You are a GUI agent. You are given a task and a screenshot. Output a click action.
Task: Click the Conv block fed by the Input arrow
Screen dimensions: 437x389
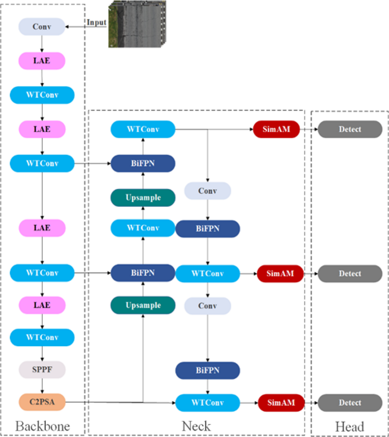[x=42, y=27]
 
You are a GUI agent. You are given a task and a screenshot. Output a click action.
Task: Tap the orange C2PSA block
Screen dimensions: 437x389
[x=42, y=402]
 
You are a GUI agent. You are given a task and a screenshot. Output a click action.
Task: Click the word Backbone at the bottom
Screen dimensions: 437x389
[x=43, y=426]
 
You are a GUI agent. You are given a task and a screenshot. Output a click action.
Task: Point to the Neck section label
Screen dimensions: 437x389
[x=196, y=426]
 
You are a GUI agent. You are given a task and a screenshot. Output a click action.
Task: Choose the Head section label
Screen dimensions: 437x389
[x=349, y=426]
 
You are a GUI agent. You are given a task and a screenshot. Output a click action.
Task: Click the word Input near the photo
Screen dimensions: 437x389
[x=96, y=22]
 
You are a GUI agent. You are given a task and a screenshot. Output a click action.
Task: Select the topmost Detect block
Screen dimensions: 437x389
[x=350, y=129]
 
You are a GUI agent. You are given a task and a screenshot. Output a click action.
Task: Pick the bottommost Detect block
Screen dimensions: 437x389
[x=350, y=403]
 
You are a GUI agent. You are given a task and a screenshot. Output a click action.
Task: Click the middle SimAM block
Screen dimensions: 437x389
[x=280, y=274]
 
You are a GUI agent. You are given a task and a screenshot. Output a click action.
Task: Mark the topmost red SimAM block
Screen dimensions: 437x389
[x=276, y=129]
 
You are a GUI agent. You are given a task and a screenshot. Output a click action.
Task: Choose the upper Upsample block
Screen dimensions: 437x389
[x=143, y=198]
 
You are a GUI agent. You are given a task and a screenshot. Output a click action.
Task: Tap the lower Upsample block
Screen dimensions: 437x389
[x=143, y=305]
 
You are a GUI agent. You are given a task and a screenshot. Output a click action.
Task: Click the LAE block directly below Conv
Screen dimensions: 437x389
[x=42, y=61]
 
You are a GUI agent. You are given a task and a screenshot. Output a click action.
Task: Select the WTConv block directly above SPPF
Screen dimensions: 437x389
[x=42, y=338]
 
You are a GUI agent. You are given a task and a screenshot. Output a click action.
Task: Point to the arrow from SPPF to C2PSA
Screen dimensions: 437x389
[x=42, y=386]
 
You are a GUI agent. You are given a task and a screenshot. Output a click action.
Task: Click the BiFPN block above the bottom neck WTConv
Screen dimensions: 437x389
[x=208, y=370]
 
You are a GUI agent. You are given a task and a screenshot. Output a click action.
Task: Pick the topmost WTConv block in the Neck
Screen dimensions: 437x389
[x=143, y=129]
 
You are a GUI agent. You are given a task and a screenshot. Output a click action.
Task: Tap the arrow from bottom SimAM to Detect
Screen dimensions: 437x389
[x=311, y=403]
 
